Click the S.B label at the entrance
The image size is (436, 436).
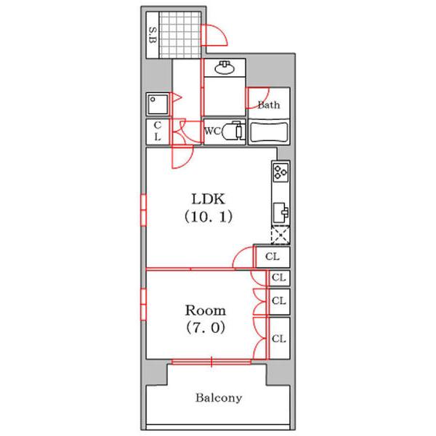(x=153, y=35)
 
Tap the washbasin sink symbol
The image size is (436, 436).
(x=225, y=68)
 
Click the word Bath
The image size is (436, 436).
(x=269, y=105)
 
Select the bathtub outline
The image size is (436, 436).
(x=269, y=133)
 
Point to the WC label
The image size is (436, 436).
(x=212, y=131)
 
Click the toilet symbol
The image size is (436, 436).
(x=233, y=131)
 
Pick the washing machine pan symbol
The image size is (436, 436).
(x=158, y=104)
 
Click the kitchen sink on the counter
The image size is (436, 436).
(x=280, y=212)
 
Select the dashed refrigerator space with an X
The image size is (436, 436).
(x=280, y=235)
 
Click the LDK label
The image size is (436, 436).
(x=208, y=199)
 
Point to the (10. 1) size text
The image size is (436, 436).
(x=209, y=217)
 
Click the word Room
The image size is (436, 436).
(x=206, y=310)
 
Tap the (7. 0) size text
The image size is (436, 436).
(x=206, y=327)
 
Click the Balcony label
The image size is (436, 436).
(x=219, y=397)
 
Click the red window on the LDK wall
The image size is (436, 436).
(x=143, y=210)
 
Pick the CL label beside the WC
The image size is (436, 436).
(x=158, y=131)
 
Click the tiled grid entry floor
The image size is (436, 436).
(x=180, y=35)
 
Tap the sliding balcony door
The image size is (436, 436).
(x=211, y=362)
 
